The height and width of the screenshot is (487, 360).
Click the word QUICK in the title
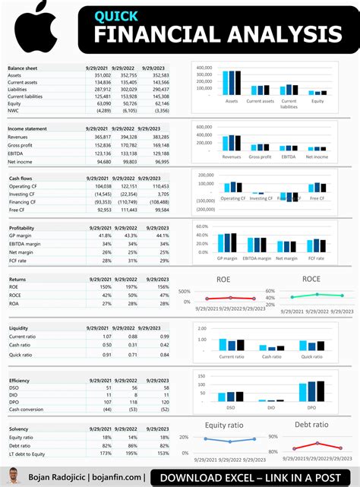click(x=116, y=15)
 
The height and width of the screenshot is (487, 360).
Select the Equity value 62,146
click(x=159, y=103)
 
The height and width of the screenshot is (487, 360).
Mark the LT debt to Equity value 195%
click(x=128, y=453)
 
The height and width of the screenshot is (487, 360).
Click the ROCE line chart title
click(x=311, y=279)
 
